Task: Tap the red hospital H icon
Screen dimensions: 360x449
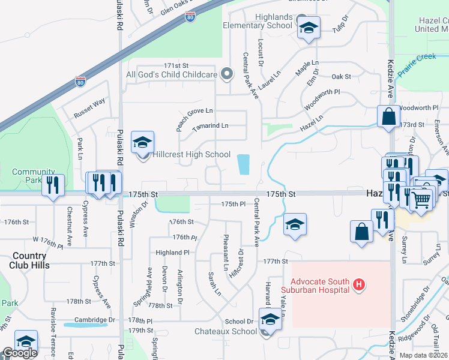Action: [358, 284]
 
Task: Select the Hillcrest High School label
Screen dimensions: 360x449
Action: [191, 154]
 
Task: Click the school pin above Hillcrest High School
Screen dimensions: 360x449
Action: [143, 143]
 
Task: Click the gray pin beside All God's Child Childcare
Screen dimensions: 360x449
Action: [226, 74]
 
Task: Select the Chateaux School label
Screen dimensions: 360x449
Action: [225, 331]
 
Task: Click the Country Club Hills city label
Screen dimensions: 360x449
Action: [29, 260]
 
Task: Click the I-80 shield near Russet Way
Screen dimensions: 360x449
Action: [80, 81]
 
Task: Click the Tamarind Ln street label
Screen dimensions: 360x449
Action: [210, 126]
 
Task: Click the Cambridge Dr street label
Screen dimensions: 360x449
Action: [95, 320]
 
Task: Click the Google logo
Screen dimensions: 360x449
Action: [20, 353]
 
